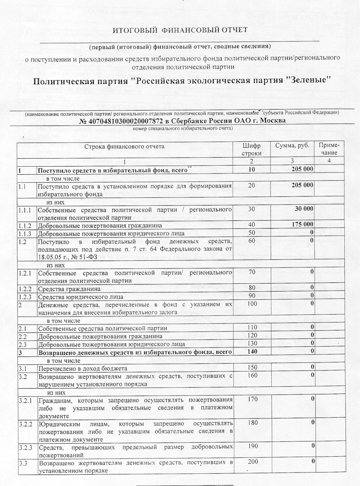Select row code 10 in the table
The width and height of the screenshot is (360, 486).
pos(252,170)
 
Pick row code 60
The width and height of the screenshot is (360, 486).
pos(252,241)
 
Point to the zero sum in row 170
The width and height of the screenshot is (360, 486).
pos(311,399)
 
